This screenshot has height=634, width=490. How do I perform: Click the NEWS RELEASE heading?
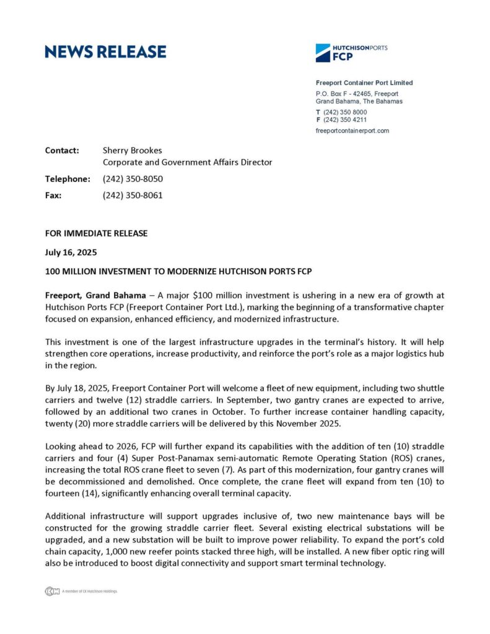(105, 52)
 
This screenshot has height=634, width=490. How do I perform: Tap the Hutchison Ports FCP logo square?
(323, 53)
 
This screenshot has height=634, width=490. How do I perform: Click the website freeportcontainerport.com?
(352, 131)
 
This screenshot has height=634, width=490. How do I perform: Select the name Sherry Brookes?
(133, 150)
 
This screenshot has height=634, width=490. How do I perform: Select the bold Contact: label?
(62, 150)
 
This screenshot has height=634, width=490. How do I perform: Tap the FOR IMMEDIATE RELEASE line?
(96, 233)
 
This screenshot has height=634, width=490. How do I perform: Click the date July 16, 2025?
(71, 253)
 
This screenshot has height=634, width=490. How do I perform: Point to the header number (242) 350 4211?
(344, 119)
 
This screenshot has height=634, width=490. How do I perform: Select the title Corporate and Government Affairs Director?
(187, 162)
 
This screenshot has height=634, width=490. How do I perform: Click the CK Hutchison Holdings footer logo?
(52, 591)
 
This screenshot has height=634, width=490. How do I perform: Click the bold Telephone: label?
(68, 179)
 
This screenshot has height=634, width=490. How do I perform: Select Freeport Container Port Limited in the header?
(364, 83)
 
